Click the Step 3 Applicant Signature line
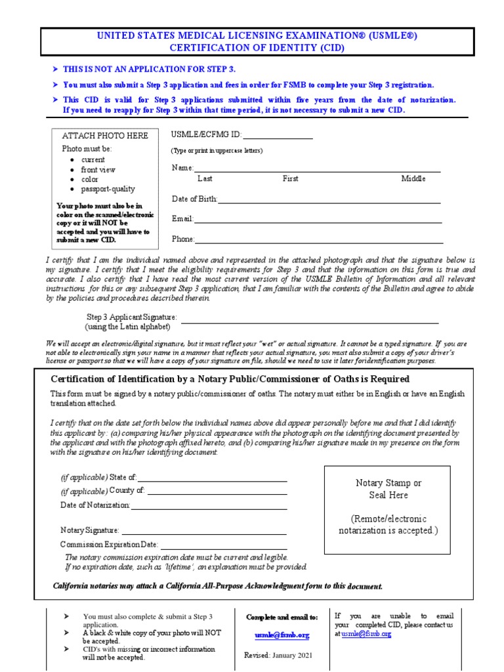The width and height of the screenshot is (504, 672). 309,321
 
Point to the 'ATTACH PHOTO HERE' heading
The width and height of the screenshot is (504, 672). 105,136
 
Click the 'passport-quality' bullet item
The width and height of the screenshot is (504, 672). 108,189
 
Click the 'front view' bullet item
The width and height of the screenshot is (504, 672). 98,169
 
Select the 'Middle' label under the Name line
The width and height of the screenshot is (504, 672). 413,178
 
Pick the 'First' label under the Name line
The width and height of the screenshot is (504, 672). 290,178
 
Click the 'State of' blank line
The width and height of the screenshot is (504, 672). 212,479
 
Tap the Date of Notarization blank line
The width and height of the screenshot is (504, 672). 209,507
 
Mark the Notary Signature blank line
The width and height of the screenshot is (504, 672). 203,531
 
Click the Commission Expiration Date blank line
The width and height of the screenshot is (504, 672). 223,546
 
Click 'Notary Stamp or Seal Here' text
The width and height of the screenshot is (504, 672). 388,489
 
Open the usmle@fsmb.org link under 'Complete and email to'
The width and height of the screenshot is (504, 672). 282,635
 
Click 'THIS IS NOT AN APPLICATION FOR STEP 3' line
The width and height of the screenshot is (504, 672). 149,69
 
